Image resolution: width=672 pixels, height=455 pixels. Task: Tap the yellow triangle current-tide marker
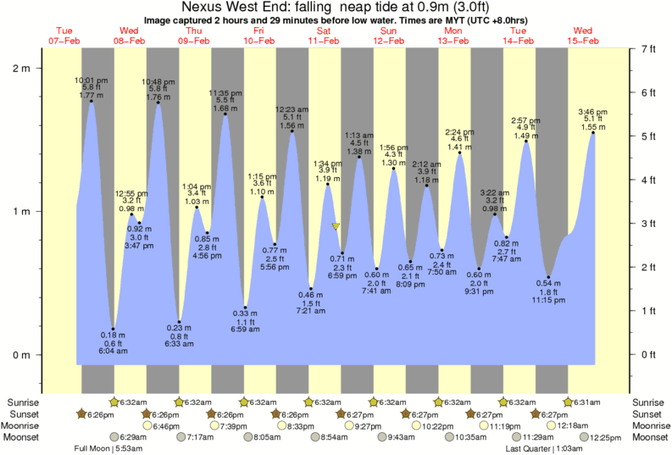click(x=336, y=226)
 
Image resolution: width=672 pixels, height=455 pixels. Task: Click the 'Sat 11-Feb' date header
click(x=324, y=35)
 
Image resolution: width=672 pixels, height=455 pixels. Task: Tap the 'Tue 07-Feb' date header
click(x=65, y=35)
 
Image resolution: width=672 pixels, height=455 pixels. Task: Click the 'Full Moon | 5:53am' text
click(x=106, y=448)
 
